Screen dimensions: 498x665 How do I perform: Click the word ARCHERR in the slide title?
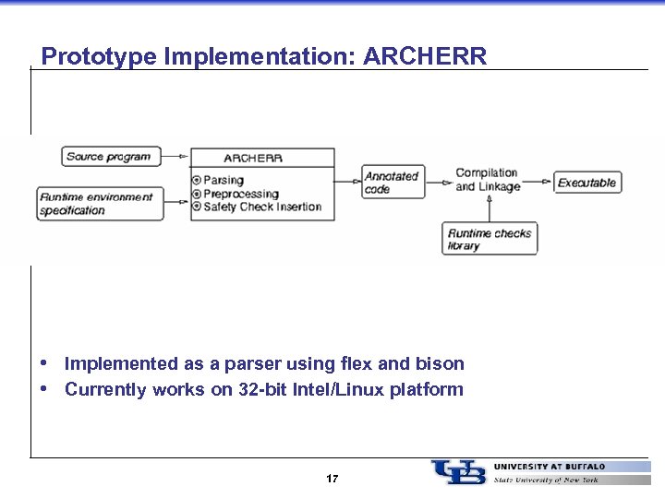425,56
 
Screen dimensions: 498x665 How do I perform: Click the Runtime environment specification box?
100,204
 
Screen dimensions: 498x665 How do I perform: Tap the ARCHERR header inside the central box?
253,158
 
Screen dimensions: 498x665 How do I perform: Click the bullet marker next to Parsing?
196,181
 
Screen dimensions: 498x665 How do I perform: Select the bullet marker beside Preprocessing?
196,194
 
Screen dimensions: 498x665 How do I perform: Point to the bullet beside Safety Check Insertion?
196,207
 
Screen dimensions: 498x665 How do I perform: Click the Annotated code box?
393,183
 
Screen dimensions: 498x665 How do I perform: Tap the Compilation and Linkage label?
488,180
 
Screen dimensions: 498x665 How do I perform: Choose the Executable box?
586,183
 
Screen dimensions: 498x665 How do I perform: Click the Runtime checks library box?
490,240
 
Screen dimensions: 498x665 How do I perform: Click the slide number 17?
332,479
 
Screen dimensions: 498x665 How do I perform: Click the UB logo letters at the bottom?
458,472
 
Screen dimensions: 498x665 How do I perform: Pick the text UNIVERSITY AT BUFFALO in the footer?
550,467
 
